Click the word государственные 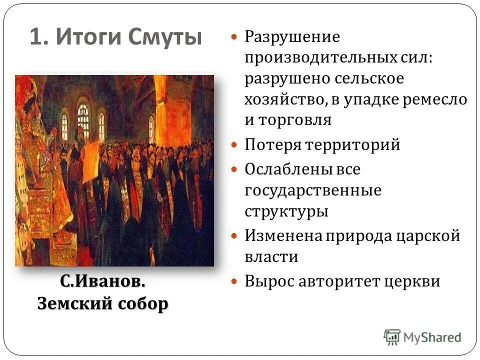312,190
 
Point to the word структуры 286,211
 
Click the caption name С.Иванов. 103,281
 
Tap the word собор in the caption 143,303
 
